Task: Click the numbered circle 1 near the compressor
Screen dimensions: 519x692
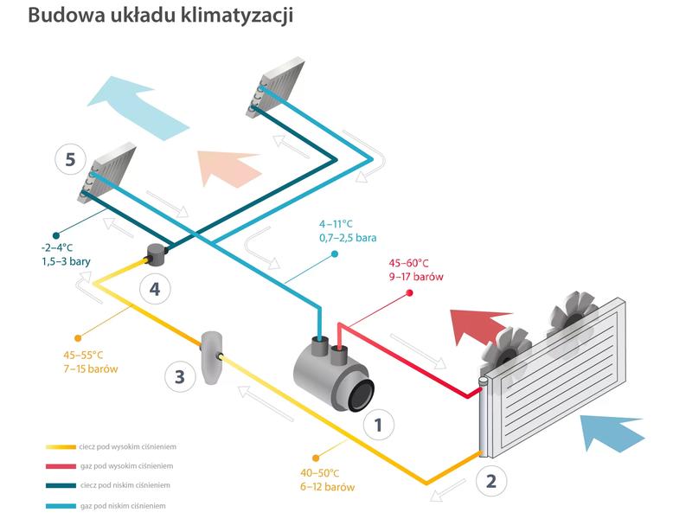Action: coord(379,424)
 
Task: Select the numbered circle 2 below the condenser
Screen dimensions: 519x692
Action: coord(490,480)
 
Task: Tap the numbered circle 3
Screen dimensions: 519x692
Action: coord(179,376)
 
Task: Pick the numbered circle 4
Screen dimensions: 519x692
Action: coord(154,288)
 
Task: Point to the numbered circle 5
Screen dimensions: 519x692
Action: coord(70,159)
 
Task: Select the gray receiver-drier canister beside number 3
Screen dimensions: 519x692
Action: coord(211,356)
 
